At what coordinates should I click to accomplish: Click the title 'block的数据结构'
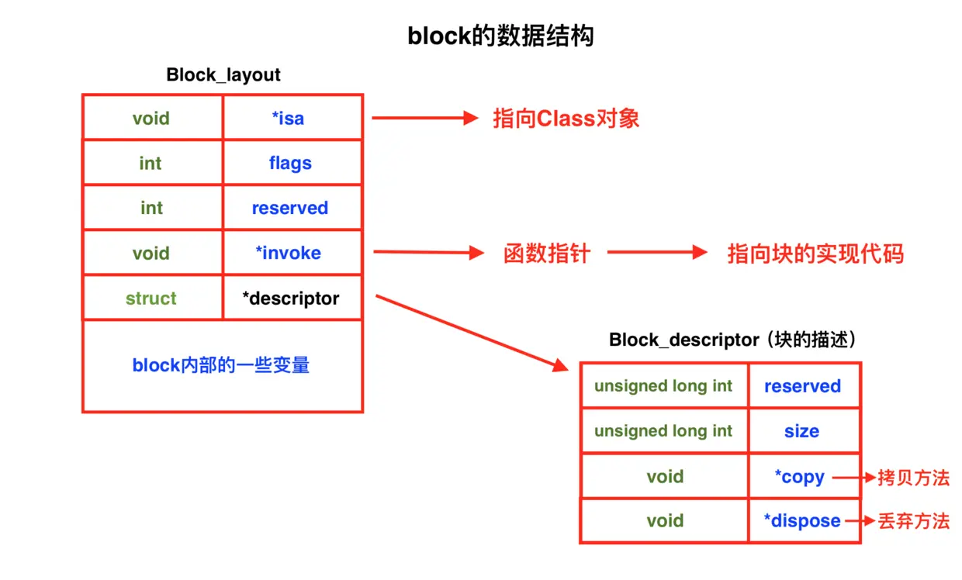500,36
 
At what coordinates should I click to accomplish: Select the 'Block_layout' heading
223,75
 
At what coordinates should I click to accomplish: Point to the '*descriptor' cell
291,299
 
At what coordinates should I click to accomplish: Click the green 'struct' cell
151,299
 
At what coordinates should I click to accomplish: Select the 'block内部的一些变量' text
221,365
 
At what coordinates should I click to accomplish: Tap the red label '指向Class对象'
566,119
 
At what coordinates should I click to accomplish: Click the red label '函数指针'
547,254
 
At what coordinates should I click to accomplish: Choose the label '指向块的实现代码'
815,254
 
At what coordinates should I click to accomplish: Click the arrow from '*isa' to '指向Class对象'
424,118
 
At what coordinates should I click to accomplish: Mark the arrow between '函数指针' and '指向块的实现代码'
657,253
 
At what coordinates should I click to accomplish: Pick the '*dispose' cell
801,521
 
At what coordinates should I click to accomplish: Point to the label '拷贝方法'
913,477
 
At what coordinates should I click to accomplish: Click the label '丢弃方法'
913,521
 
